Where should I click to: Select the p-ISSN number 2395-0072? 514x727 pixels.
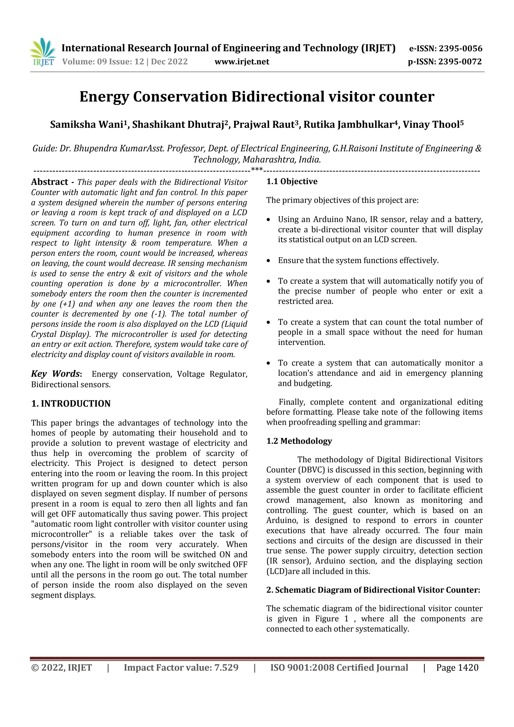click(460, 61)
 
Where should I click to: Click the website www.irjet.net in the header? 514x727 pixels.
click(242, 61)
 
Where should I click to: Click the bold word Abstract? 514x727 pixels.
click(49, 182)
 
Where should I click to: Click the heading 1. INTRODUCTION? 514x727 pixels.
click(71, 403)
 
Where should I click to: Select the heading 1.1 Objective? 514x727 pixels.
click(292, 181)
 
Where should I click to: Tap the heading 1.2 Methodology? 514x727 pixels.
click(299, 441)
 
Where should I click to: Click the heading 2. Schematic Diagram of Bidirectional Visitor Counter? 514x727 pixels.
click(373, 590)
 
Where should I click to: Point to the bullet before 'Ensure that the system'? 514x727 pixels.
click(269, 261)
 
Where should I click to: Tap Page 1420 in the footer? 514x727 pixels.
click(457, 668)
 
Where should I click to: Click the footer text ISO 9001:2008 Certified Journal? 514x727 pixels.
click(339, 668)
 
